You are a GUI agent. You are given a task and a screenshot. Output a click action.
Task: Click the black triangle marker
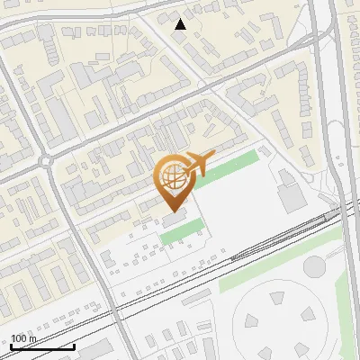[x=181, y=24]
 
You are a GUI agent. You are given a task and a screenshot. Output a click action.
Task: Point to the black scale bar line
[x=42, y=346]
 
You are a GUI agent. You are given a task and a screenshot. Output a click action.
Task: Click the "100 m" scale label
[x=24, y=339]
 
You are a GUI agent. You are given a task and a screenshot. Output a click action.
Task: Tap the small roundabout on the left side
[x=46, y=162]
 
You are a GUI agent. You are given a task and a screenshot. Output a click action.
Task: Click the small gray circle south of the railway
[x=313, y=265]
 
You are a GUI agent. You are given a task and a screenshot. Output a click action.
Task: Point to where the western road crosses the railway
[x=115, y=306]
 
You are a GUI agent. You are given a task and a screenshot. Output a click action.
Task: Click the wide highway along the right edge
[x=343, y=135]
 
